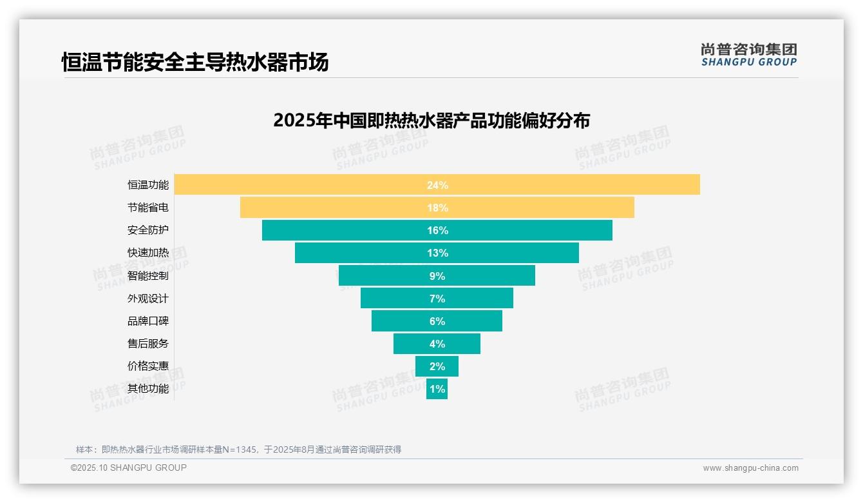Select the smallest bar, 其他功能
tap(437, 389)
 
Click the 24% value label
tap(437, 185)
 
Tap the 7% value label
tap(437, 299)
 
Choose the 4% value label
tap(437, 344)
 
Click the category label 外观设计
tap(148, 299)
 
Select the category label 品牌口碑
tap(148, 321)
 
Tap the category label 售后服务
tap(148, 344)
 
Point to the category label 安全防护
tap(148, 230)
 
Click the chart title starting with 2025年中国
tap(431, 121)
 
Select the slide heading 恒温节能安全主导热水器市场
tap(195, 63)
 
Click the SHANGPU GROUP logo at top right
tap(748, 55)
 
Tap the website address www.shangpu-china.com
tap(750, 468)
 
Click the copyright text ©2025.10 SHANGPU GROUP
tap(129, 468)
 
